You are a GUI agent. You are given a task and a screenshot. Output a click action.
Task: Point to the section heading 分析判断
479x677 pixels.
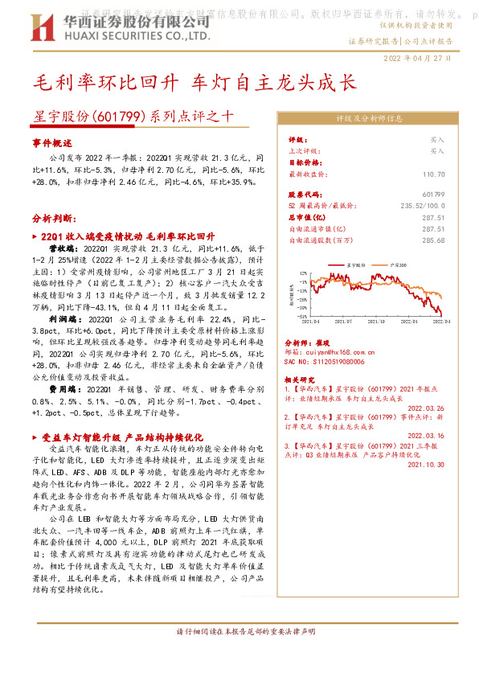click(55, 217)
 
